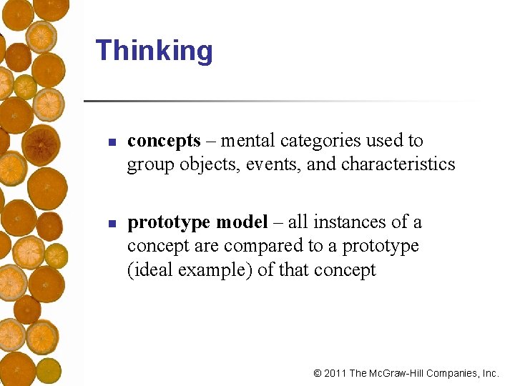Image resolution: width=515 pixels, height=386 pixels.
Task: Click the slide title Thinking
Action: tap(154, 51)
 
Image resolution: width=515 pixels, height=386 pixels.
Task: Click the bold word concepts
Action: tap(164, 142)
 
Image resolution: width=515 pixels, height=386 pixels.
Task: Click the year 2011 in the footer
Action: tap(335, 373)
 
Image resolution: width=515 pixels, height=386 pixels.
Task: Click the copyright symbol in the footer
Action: tap(318, 373)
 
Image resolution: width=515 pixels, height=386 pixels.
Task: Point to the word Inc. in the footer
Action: tap(490, 373)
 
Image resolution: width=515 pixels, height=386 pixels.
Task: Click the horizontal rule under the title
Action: tap(279, 101)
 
